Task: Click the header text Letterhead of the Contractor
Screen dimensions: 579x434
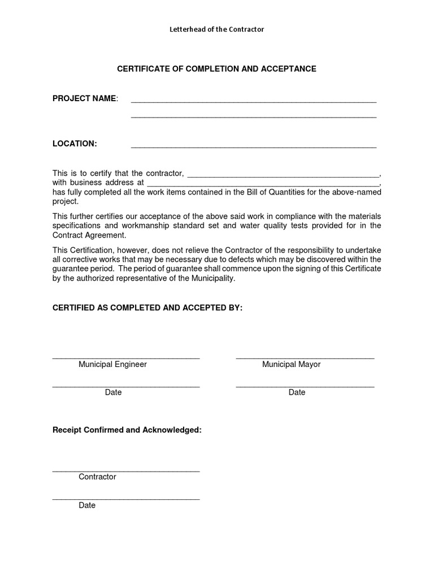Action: (x=216, y=29)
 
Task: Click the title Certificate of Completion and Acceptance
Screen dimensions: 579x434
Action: (x=216, y=69)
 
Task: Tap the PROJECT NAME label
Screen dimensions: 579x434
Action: (x=85, y=98)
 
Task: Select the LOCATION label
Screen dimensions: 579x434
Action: (x=75, y=144)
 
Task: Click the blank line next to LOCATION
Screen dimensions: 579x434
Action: (x=253, y=146)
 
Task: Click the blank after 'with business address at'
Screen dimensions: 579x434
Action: (x=263, y=185)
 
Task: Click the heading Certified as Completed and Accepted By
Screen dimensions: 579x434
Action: (x=147, y=308)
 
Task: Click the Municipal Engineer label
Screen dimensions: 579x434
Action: (x=112, y=365)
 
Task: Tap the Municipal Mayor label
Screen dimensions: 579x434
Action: (x=291, y=365)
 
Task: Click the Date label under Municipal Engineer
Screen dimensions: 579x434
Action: (x=113, y=392)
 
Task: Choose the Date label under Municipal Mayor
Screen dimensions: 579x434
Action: (x=297, y=392)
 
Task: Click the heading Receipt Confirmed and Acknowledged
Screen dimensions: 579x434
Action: (x=127, y=430)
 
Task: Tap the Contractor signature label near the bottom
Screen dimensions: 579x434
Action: (x=97, y=477)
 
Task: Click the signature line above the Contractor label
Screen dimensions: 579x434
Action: (x=125, y=470)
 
